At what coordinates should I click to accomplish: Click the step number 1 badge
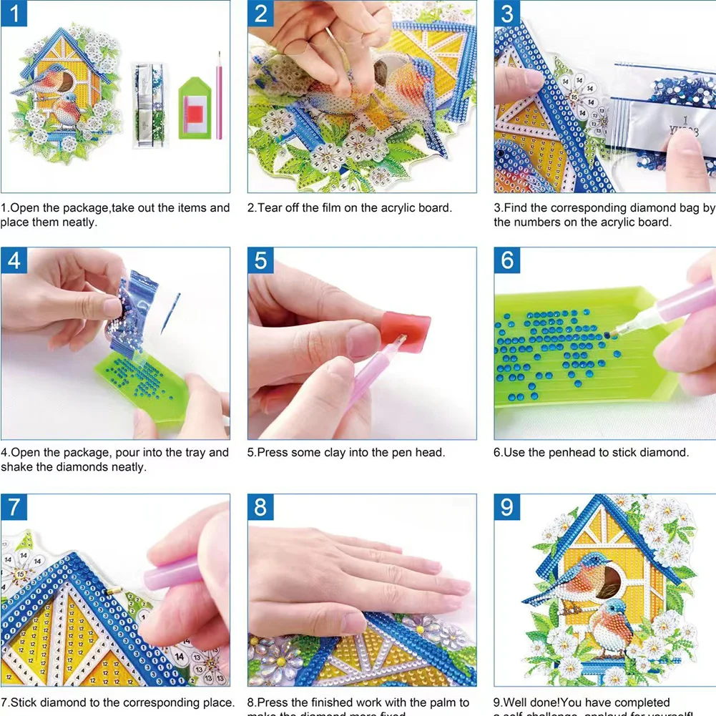[14, 14]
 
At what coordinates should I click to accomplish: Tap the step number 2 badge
[260, 14]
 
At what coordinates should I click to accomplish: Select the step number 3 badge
[507, 14]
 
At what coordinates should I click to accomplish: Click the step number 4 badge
[14, 260]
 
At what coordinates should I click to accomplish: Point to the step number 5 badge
[260, 260]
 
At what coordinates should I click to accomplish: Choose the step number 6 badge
[507, 260]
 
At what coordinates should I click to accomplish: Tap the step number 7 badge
[14, 507]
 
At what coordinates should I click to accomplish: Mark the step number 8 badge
[260, 507]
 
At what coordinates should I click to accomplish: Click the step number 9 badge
[507, 507]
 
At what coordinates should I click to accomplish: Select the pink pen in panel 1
[219, 97]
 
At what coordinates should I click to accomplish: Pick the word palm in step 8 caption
[441, 703]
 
